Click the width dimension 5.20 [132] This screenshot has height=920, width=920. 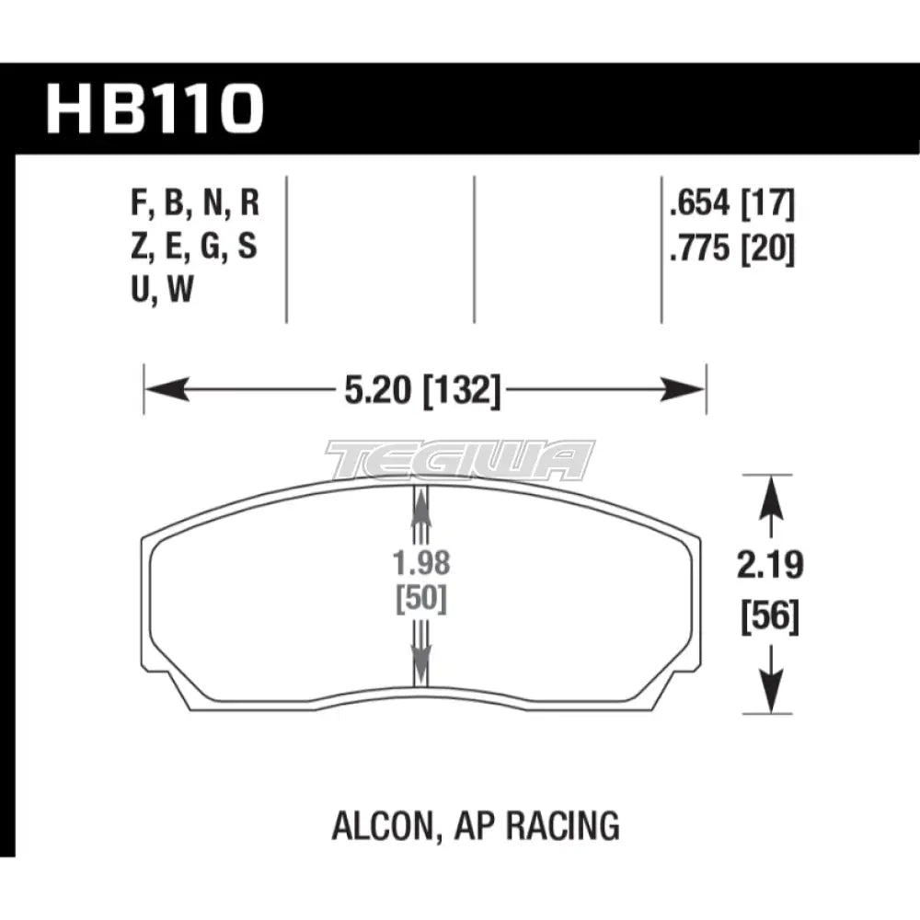pyautogui.click(x=424, y=393)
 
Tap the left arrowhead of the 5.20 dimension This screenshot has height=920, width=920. pyautogui.click(x=166, y=391)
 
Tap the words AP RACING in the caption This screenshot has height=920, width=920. pyautogui.click(x=537, y=825)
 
